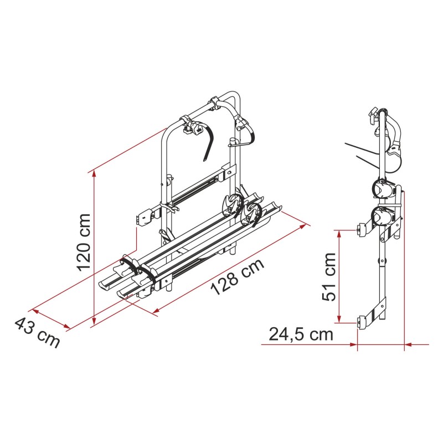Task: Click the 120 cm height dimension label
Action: (x=84, y=243)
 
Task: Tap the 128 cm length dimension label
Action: (x=238, y=276)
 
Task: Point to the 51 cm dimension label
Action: (x=328, y=277)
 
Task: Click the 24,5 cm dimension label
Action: (x=301, y=334)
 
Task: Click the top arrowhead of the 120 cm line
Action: (x=94, y=174)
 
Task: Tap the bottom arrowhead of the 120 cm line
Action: (x=94, y=321)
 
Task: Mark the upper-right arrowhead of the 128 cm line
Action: (x=303, y=226)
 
